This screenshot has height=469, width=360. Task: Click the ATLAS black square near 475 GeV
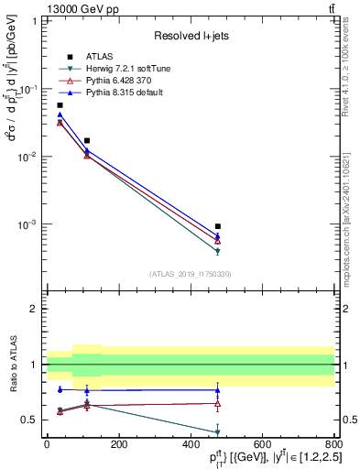pyautogui.click(x=217, y=226)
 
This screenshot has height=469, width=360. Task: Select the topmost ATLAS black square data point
pyautogui.click(x=60, y=105)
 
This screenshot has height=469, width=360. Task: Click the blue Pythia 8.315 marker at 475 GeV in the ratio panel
pyautogui.click(x=217, y=390)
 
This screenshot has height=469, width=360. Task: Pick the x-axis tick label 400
pyautogui.click(x=191, y=444)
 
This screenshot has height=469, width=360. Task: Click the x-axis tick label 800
pyautogui.click(x=334, y=444)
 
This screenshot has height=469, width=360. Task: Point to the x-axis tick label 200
pyautogui.click(x=118, y=444)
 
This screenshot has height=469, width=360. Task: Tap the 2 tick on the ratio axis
pyautogui.click(x=36, y=309)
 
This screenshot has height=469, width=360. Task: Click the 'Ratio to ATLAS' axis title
pyautogui.click(x=12, y=365)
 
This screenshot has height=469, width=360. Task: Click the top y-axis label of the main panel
pyautogui.click(x=35, y=21)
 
